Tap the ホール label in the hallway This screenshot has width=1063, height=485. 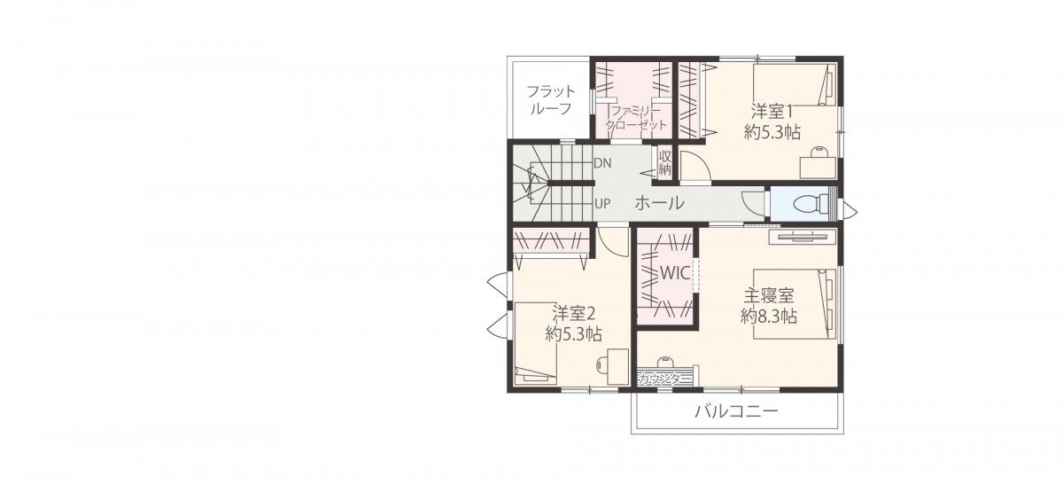coord(659,203)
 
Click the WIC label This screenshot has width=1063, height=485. coord(675,273)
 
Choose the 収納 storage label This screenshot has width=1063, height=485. coord(665,163)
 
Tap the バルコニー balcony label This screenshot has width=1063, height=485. coord(736,411)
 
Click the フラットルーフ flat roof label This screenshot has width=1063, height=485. coord(550,100)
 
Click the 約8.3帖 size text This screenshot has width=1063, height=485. coord(769,317)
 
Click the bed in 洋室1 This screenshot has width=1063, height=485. coord(795,84)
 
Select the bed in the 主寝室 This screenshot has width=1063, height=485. coord(795,304)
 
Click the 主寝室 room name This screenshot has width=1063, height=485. coord(769,295)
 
